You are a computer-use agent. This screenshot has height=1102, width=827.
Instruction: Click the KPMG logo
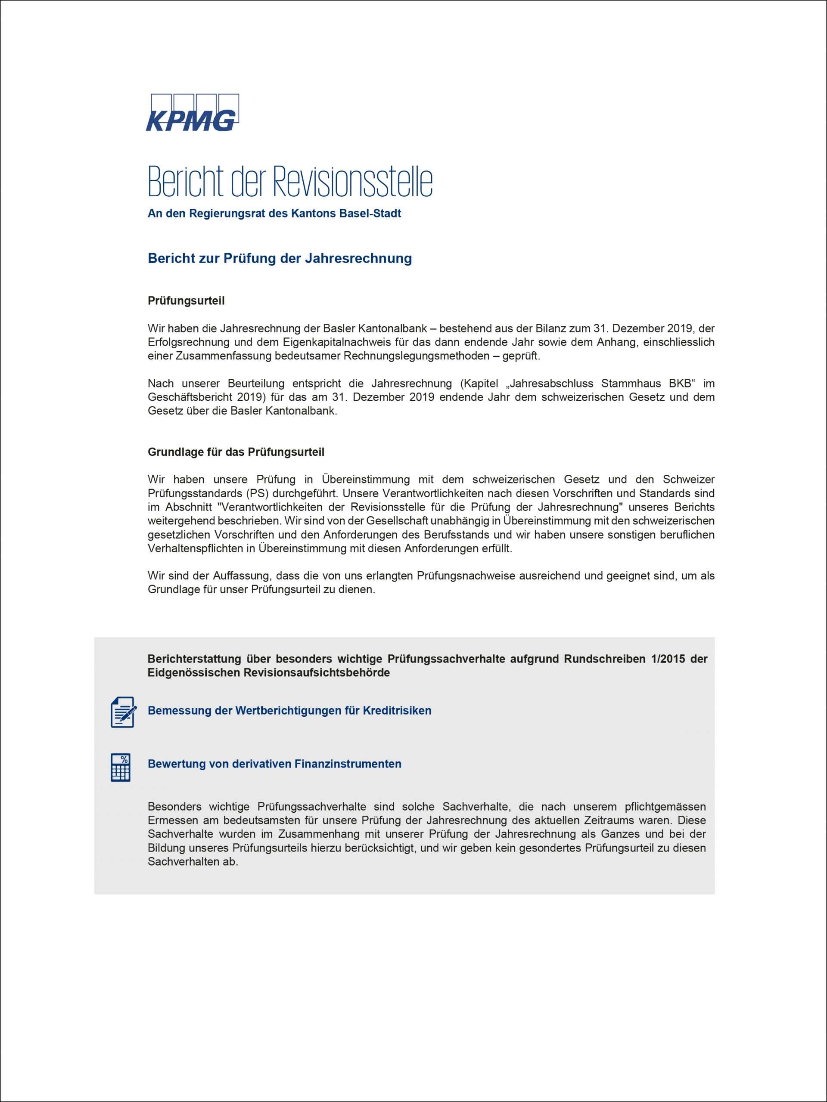(192, 113)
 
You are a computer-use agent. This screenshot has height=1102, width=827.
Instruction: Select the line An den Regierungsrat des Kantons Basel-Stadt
(274, 214)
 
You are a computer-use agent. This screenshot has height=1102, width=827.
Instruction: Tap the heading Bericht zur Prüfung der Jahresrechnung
(280, 259)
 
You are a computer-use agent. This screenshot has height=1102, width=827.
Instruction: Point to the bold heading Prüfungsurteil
(186, 301)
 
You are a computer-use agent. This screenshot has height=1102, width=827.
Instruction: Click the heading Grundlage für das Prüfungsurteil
(236, 452)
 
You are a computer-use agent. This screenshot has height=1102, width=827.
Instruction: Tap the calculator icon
(121, 767)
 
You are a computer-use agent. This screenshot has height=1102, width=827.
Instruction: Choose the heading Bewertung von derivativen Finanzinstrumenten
(274, 764)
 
